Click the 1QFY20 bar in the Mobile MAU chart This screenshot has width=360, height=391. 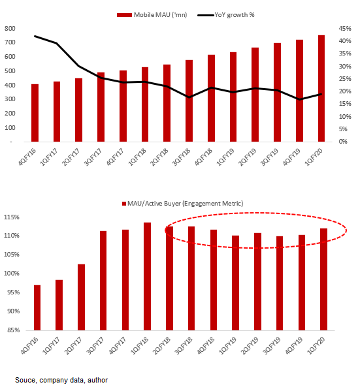pyautogui.click(x=321, y=88)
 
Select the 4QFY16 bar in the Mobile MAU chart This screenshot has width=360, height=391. pyautogui.click(x=35, y=112)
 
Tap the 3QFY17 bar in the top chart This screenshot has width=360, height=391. pyautogui.click(x=101, y=106)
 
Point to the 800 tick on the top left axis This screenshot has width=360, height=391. pyautogui.click(x=10, y=29)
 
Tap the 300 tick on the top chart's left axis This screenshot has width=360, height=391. pyautogui.click(x=10, y=99)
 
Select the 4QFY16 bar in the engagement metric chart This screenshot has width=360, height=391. pyautogui.click(x=37, y=307)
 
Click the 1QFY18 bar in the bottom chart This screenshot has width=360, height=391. pyautogui.click(x=148, y=276)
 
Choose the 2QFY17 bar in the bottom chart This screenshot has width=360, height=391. pyautogui.click(x=81, y=297)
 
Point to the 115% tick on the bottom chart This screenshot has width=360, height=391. pyautogui.click(x=13, y=217)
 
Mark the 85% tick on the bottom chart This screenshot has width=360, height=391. pyautogui.click(x=15, y=330)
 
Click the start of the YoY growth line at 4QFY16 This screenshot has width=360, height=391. pyautogui.click(x=35, y=37)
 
